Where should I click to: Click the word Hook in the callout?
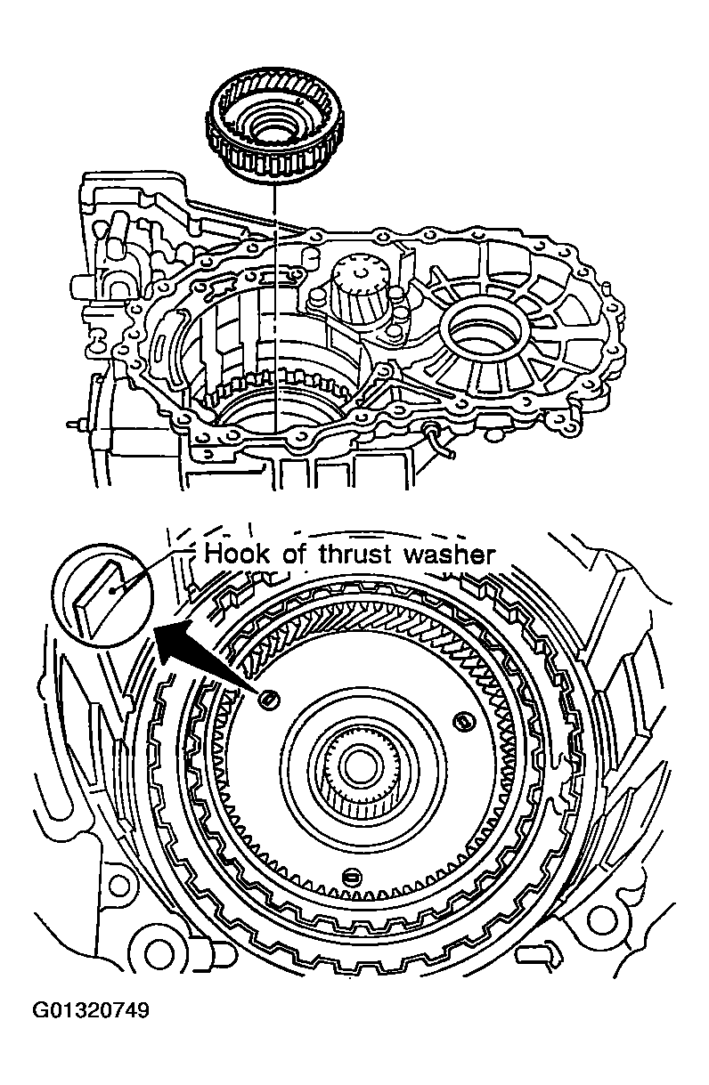(234, 555)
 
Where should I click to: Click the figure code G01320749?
(91, 1010)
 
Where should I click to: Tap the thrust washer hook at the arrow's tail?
(266, 700)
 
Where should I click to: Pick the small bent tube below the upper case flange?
(443, 442)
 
